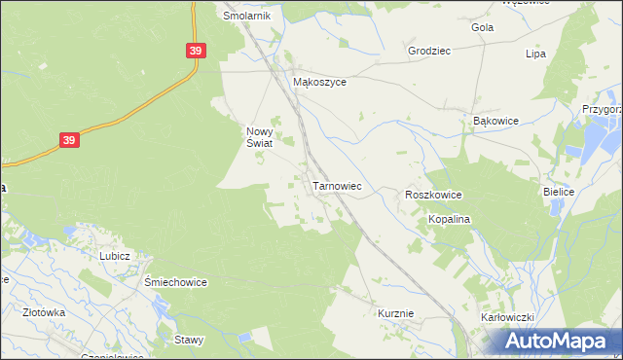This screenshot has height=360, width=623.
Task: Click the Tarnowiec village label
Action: tap(337, 185)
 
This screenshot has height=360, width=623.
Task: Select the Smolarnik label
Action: tap(246, 17)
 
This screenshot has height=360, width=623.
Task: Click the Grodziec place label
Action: tap(429, 50)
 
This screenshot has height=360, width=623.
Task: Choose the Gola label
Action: tap(482, 27)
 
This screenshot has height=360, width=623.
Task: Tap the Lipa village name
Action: tap(534, 54)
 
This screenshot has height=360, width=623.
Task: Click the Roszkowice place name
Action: tap(433, 196)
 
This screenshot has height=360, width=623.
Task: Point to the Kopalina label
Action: tap(450, 220)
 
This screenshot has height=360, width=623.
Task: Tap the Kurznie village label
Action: tap(396, 313)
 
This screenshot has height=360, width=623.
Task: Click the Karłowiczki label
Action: tap(508, 318)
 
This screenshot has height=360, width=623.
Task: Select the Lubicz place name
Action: tap(115, 255)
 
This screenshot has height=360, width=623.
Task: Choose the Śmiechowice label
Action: tap(175, 282)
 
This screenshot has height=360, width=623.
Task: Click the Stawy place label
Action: tap(188, 340)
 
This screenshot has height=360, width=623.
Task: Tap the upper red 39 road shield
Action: tap(196, 51)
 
